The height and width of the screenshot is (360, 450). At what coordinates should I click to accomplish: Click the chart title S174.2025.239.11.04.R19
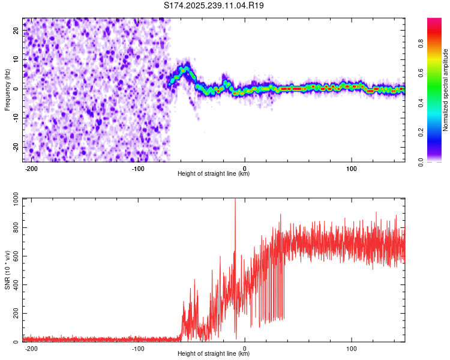214,5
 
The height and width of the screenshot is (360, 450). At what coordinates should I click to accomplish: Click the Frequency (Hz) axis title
7,89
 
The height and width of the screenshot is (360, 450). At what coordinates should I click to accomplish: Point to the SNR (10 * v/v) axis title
7,269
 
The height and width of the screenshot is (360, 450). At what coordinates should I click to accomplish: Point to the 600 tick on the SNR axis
14,256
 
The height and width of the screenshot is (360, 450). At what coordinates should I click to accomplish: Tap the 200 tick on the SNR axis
14,314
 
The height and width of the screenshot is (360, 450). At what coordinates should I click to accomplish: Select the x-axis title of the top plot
214,174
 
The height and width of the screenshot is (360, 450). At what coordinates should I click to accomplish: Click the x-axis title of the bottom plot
214,354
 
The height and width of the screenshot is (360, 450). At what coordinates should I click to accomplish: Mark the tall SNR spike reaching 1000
235,201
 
